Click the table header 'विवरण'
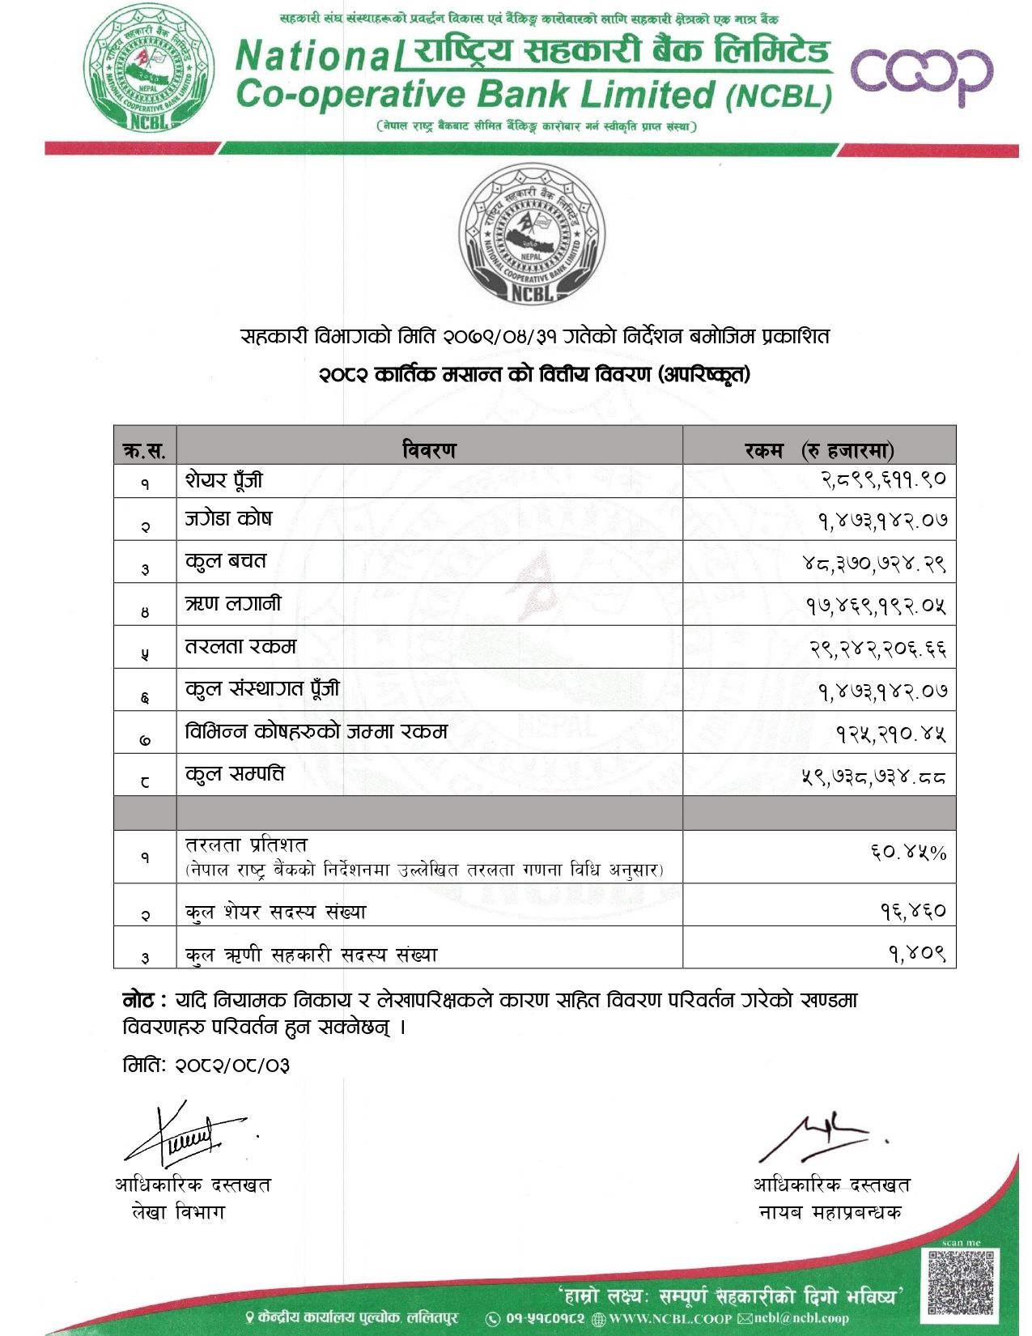pos(429,449)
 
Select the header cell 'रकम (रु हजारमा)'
pos(819,449)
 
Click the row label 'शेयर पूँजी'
pos(224,480)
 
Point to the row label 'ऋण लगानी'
pos(233,604)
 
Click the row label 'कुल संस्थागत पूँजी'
pos(262,689)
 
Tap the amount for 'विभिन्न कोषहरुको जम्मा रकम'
pos(891,734)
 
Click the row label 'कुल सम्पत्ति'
pos(235,774)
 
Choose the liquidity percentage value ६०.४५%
pos(908,853)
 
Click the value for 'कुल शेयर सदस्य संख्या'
pos(913,912)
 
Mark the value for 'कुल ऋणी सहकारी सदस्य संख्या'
pos(917,954)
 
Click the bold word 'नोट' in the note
pos(139,1001)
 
